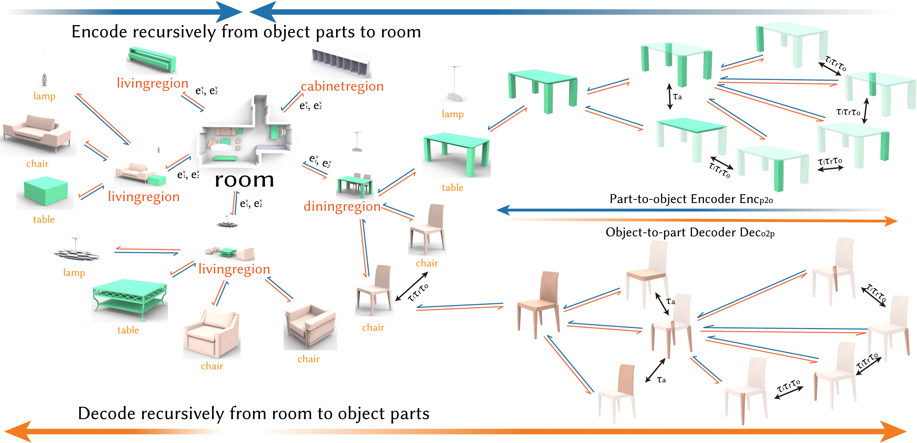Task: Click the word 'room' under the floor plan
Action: click(x=244, y=180)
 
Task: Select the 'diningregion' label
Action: click(x=342, y=207)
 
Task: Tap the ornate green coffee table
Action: click(x=129, y=299)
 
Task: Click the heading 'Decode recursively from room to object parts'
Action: click(x=254, y=413)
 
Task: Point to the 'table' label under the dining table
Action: click(x=452, y=188)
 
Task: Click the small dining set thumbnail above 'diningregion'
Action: click(x=355, y=185)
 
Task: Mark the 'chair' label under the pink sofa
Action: click(x=37, y=164)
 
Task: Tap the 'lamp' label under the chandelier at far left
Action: click(x=44, y=96)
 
